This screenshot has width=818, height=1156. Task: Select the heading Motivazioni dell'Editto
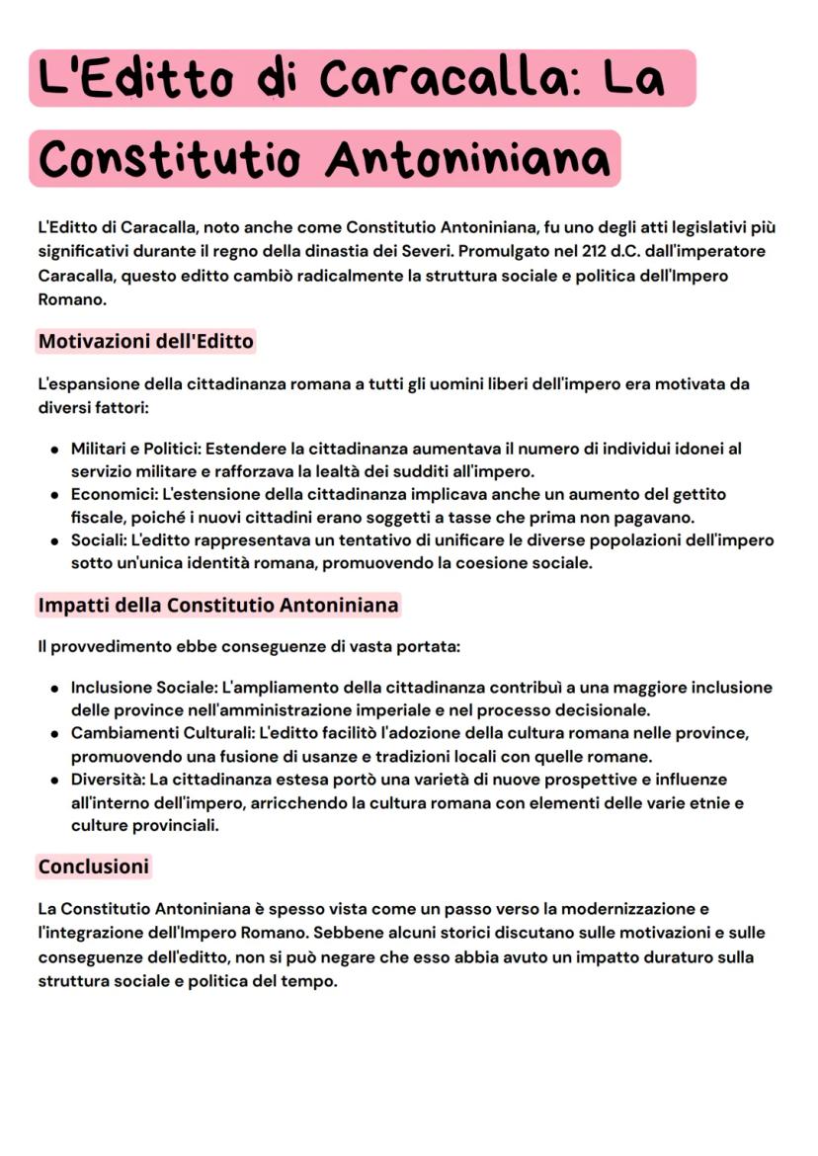pos(145,342)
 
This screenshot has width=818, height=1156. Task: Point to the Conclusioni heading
pos(93,867)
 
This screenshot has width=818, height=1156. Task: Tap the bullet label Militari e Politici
pos(133,449)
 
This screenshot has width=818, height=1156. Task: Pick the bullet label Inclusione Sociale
pos(143,687)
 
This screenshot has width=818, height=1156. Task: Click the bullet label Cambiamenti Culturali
pos(161,733)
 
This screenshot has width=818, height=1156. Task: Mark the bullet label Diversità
pos(107,780)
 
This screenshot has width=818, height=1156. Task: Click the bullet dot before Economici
pos(53,495)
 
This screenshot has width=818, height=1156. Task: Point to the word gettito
pos(695,494)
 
